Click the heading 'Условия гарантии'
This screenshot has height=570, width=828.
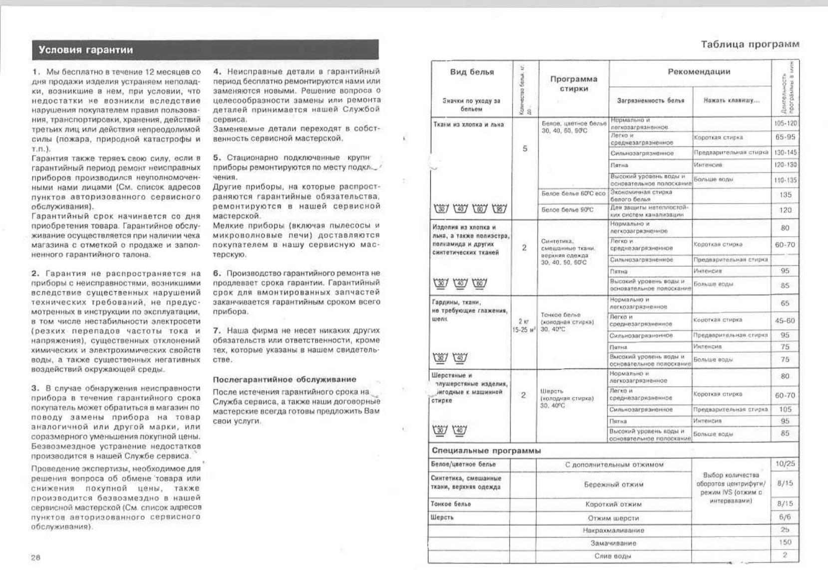85,50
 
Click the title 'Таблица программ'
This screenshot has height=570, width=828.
750,44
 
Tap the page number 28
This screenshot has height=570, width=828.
35,558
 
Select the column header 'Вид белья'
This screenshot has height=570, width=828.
472,72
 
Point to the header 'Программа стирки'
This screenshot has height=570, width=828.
573,84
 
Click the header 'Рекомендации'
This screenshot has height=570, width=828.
699,71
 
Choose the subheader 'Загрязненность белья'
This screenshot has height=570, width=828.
650,100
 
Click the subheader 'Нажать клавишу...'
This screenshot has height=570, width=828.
731,100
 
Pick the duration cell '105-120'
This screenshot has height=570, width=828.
786,123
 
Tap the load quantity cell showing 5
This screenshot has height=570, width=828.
525,148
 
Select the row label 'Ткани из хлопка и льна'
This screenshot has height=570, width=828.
462,124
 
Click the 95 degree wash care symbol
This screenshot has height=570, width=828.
499,208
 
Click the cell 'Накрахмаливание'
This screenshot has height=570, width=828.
613,531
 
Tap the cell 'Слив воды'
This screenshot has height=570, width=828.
613,556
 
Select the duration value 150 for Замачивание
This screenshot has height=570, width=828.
785,542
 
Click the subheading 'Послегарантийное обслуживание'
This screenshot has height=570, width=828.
284,379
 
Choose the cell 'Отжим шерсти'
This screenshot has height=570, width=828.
613,518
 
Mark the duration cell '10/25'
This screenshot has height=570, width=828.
785,464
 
